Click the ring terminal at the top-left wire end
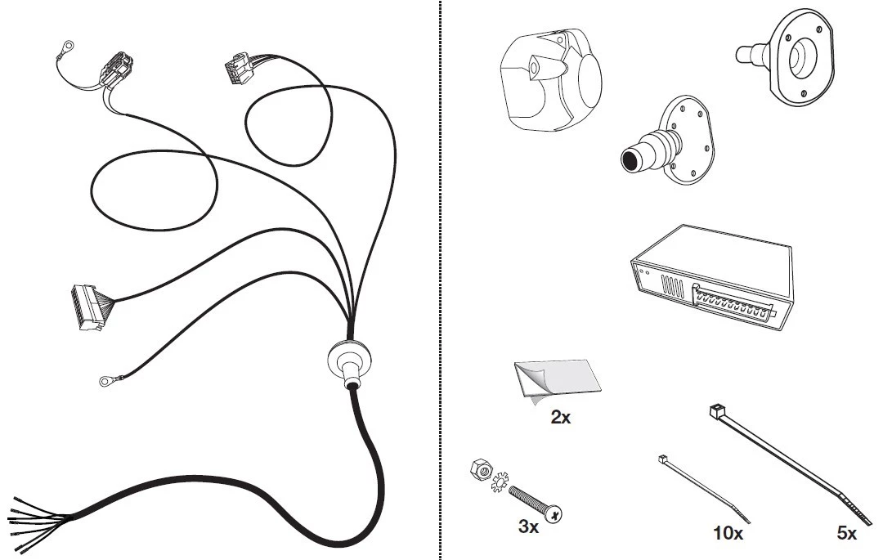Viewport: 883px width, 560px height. click(x=68, y=44)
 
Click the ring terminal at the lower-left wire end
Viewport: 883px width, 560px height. click(x=105, y=382)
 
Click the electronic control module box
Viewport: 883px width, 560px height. click(x=712, y=276)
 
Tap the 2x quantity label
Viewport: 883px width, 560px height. click(x=560, y=418)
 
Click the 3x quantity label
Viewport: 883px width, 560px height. click(x=528, y=526)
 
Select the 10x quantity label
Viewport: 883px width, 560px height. click(x=728, y=533)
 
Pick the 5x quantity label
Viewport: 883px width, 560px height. click(x=847, y=533)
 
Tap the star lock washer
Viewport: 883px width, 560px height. click(x=500, y=482)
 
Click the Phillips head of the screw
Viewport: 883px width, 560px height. click(x=554, y=513)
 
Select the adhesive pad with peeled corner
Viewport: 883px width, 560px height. click(x=558, y=380)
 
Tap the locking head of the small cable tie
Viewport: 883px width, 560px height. click(x=662, y=459)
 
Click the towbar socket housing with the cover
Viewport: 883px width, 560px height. click(x=551, y=79)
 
